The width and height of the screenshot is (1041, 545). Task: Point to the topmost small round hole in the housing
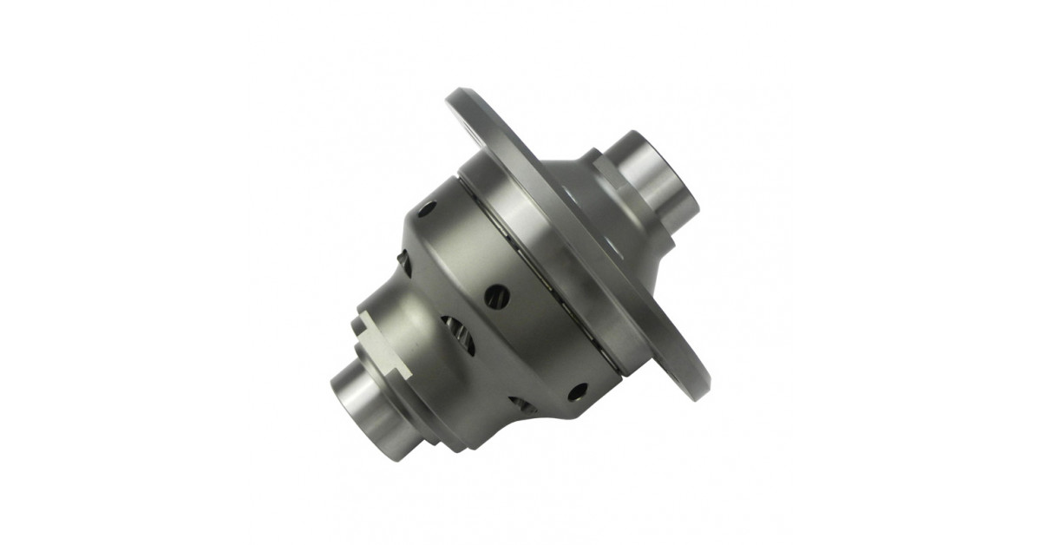click(427, 209)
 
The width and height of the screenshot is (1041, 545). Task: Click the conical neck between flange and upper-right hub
click(599, 217)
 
